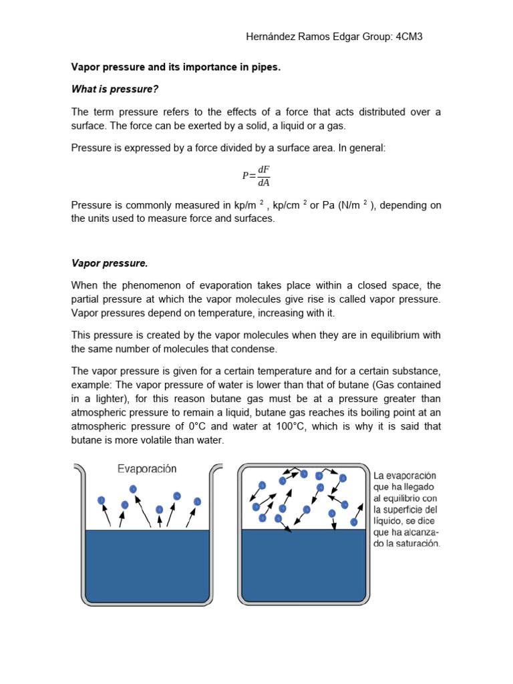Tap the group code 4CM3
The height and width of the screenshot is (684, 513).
coord(409,37)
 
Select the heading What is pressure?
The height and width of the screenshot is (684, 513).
coord(115,89)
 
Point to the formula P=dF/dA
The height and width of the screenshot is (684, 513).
coord(256,176)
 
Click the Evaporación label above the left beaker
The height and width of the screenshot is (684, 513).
coord(147,469)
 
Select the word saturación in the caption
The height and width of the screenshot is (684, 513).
coord(417,544)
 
